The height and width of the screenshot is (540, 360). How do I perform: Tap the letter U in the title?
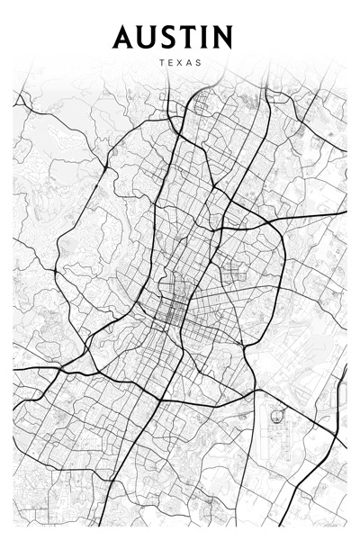click(147, 37)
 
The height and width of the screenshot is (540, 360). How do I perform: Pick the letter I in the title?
click(205, 37)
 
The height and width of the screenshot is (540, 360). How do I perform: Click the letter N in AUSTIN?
click(222, 37)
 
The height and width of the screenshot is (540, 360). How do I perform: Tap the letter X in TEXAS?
click(179, 64)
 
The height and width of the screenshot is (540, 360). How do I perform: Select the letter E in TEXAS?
click(169, 64)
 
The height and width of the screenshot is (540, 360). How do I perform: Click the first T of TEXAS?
click(159, 64)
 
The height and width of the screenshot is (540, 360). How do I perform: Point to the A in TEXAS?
click(189, 64)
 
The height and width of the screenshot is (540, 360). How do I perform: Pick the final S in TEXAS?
click(199, 64)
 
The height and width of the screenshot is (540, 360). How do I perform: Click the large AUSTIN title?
click(173, 37)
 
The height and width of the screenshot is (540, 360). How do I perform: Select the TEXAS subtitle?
click(179, 64)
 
